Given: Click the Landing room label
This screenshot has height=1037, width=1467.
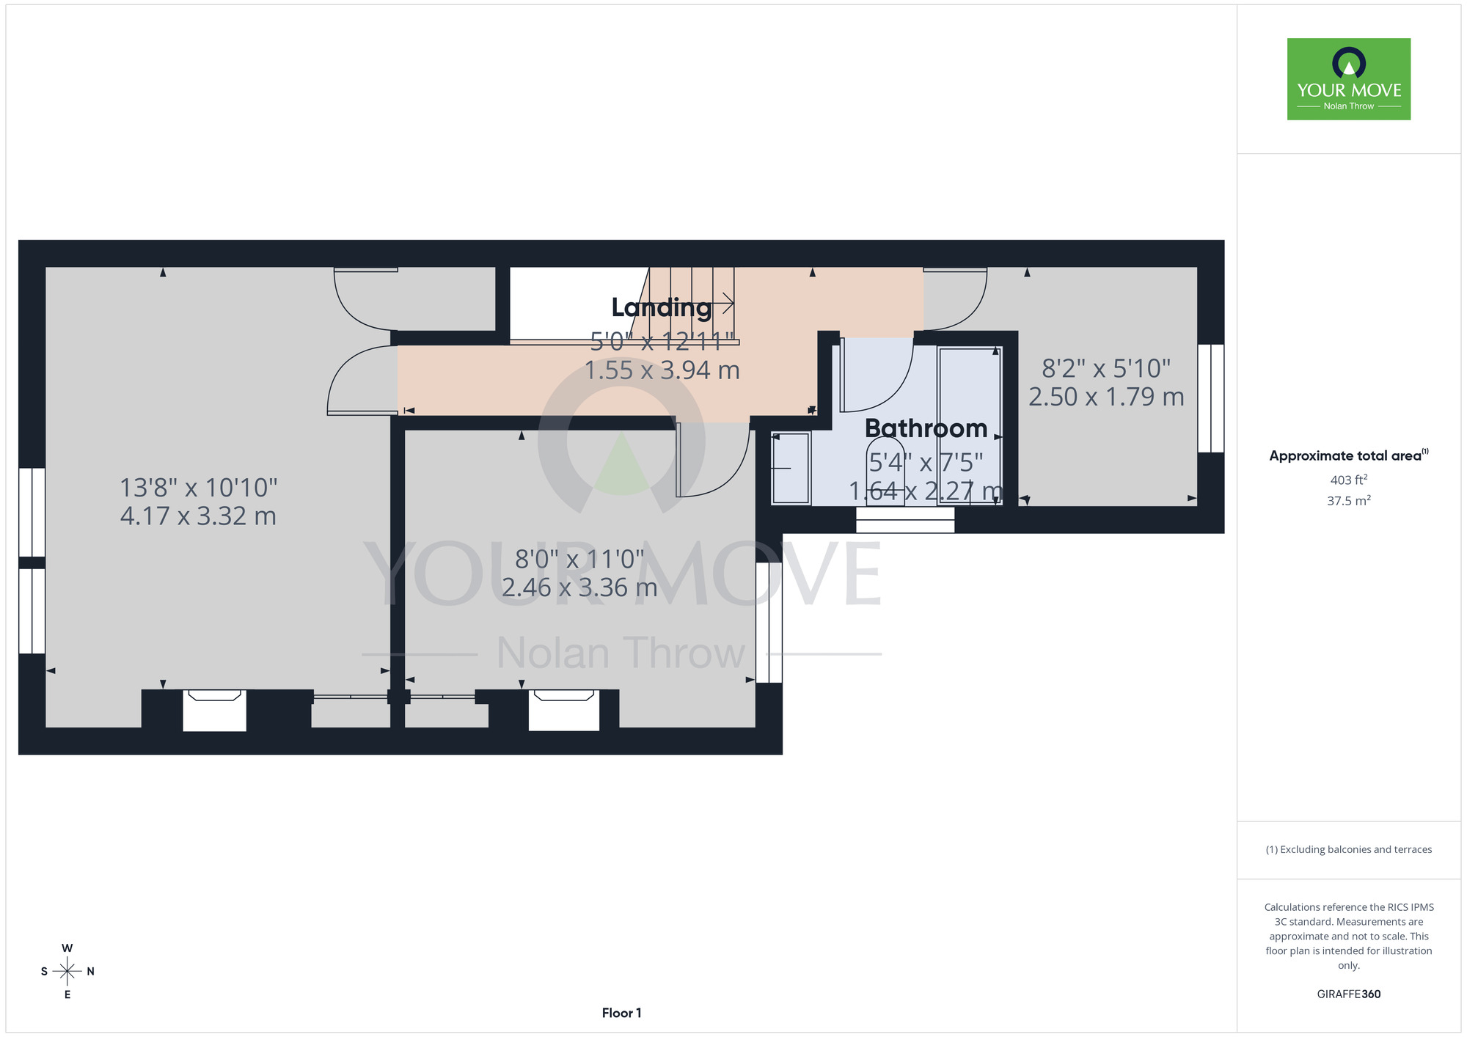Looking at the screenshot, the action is pyautogui.click(x=662, y=308).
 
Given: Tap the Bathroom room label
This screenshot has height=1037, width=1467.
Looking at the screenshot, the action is pyautogui.click(x=926, y=428).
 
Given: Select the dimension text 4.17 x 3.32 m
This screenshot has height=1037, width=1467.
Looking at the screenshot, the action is pyautogui.click(x=198, y=516).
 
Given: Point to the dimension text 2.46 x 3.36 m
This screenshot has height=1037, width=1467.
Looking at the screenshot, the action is pyautogui.click(x=579, y=587).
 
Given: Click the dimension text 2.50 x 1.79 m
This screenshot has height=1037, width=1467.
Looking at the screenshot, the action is pyautogui.click(x=1106, y=397).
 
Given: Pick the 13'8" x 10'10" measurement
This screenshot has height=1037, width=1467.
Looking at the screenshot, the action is pyautogui.click(x=199, y=488).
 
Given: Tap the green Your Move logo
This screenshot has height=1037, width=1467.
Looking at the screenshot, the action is pyautogui.click(x=1349, y=79).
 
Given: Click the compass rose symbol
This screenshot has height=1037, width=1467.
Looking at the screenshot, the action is pyautogui.click(x=67, y=971).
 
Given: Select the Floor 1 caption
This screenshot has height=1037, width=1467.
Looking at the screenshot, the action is pyautogui.click(x=622, y=1013).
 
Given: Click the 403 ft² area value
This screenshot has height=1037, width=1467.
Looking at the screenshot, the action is pyautogui.click(x=1349, y=480).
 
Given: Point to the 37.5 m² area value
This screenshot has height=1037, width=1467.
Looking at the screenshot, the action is pyautogui.click(x=1349, y=501).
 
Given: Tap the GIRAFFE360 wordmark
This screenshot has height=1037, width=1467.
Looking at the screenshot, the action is pyautogui.click(x=1349, y=994).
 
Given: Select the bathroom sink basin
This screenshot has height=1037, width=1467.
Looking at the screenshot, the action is pyautogui.click(x=790, y=468).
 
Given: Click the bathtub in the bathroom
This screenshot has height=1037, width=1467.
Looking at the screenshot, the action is pyautogui.click(x=970, y=425).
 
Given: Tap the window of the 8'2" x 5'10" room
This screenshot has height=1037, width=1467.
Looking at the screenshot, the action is pyautogui.click(x=1211, y=398).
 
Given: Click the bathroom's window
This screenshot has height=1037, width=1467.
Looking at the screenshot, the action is pyautogui.click(x=905, y=519).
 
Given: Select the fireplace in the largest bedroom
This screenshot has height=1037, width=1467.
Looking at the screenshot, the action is pyautogui.click(x=214, y=710).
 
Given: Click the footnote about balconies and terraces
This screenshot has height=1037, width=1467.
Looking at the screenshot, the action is pyautogui.click(x=1349, y=849).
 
